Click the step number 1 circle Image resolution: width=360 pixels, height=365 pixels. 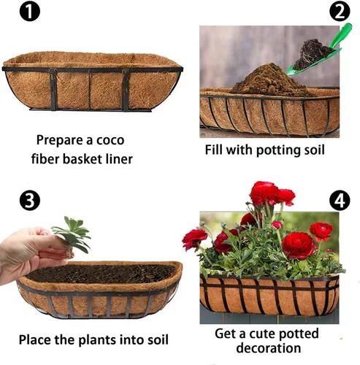[x=30, y=11]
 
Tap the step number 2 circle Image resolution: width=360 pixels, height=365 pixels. [x=340, y=11]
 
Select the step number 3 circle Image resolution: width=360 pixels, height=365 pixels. [x=30, y=201]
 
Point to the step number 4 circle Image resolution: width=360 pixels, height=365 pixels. [x=340, y=201]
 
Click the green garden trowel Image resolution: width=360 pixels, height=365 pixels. [x=323, y=53]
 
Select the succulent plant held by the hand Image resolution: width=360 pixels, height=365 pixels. [x=72, y=235]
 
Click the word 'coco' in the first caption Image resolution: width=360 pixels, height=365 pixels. [x=110, y=140]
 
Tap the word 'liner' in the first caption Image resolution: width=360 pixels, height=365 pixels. [x=119, y=159]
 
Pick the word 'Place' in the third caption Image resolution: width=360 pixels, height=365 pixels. [x=35, y=339]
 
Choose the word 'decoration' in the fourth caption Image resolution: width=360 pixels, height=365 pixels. [x=269, y=347]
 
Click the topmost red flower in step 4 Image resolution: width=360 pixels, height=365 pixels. [x=264, y=192]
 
